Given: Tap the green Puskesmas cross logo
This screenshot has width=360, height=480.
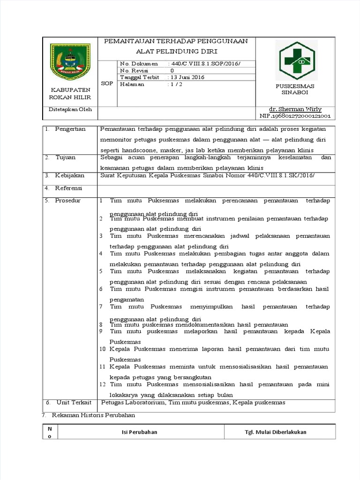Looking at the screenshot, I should [x=295, y=60].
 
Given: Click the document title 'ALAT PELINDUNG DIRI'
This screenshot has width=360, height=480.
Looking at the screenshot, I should [x=177, y=51].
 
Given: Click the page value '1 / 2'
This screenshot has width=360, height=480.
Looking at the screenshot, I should [x=176, y=84].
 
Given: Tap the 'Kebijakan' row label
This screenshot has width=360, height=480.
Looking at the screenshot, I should [x=70, y=175].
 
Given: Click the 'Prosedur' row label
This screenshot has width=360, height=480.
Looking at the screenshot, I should [x=68, y=201].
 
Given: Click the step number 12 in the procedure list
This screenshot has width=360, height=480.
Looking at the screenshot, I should [x=102, y=384].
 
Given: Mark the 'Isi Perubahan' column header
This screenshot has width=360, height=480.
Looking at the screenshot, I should [x=140, y=432].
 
